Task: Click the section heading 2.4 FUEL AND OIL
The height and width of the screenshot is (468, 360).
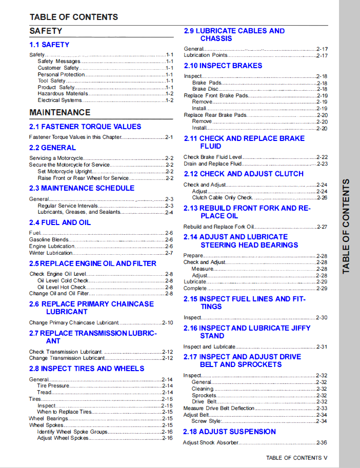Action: coord(60,222)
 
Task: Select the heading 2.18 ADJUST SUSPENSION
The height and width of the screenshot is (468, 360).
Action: coord(229,432)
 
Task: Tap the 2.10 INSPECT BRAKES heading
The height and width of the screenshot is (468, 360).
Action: coord(223,66)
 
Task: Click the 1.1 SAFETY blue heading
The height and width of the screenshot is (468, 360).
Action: coord(49,45)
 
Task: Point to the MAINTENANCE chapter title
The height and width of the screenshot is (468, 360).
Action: coord(60,112)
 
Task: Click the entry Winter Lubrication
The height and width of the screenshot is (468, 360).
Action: coord(51,253)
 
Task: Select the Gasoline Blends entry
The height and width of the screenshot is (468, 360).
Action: coord(49,239)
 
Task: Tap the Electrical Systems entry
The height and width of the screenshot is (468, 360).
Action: coord(59,100)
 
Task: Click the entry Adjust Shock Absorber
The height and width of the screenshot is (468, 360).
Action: coord(211,442)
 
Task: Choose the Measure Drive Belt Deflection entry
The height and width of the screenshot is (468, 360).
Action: coord(219,408)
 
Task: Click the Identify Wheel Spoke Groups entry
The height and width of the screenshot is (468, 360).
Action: coord(72,432)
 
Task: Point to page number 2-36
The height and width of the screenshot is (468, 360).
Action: coord(322,442)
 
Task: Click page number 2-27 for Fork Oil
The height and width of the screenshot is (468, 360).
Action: coord(322,227)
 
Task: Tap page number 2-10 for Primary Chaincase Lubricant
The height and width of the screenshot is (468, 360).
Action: coord(168,322)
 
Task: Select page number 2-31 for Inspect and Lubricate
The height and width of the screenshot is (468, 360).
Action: coord(322,347)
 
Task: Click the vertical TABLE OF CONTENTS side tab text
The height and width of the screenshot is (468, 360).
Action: coord(347,226)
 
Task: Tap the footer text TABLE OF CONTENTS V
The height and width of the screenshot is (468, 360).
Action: coord(296,458)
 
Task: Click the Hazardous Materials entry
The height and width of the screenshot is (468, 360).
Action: coord(63,94)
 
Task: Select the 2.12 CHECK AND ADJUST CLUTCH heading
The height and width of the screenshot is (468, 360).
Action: coord(244,174)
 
